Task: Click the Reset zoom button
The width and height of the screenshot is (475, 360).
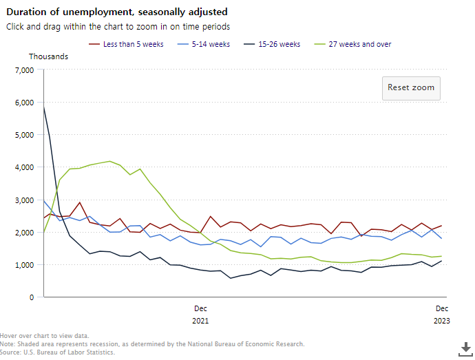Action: [x=411, y=88]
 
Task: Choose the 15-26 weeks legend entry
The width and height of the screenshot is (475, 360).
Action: [x=279, y=44]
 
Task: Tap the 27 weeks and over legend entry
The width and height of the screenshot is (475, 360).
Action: [x=360, y=44]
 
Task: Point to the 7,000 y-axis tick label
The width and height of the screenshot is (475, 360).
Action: [x=23, y=70]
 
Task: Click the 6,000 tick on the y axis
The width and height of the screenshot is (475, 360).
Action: [x=23, y=103]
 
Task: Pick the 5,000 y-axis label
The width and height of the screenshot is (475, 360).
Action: [x=23, y=135]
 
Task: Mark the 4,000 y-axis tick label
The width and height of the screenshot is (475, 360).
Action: [x=23, y=167]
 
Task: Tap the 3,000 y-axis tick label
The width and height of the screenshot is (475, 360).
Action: [x=23, y=200]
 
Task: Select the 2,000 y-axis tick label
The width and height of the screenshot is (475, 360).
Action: [x=23, y=233]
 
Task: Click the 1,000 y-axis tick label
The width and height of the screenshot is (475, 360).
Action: [x=23, y=265]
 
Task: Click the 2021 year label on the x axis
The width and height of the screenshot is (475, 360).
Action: [x=200, y=321]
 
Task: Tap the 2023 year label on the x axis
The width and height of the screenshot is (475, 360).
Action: [x=441, y=321]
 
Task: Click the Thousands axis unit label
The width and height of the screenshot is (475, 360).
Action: [x=48, y=56]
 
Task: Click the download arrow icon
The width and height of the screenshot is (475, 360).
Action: [x=464, y=347]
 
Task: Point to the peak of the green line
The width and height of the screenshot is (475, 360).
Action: [x=110, y=161]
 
